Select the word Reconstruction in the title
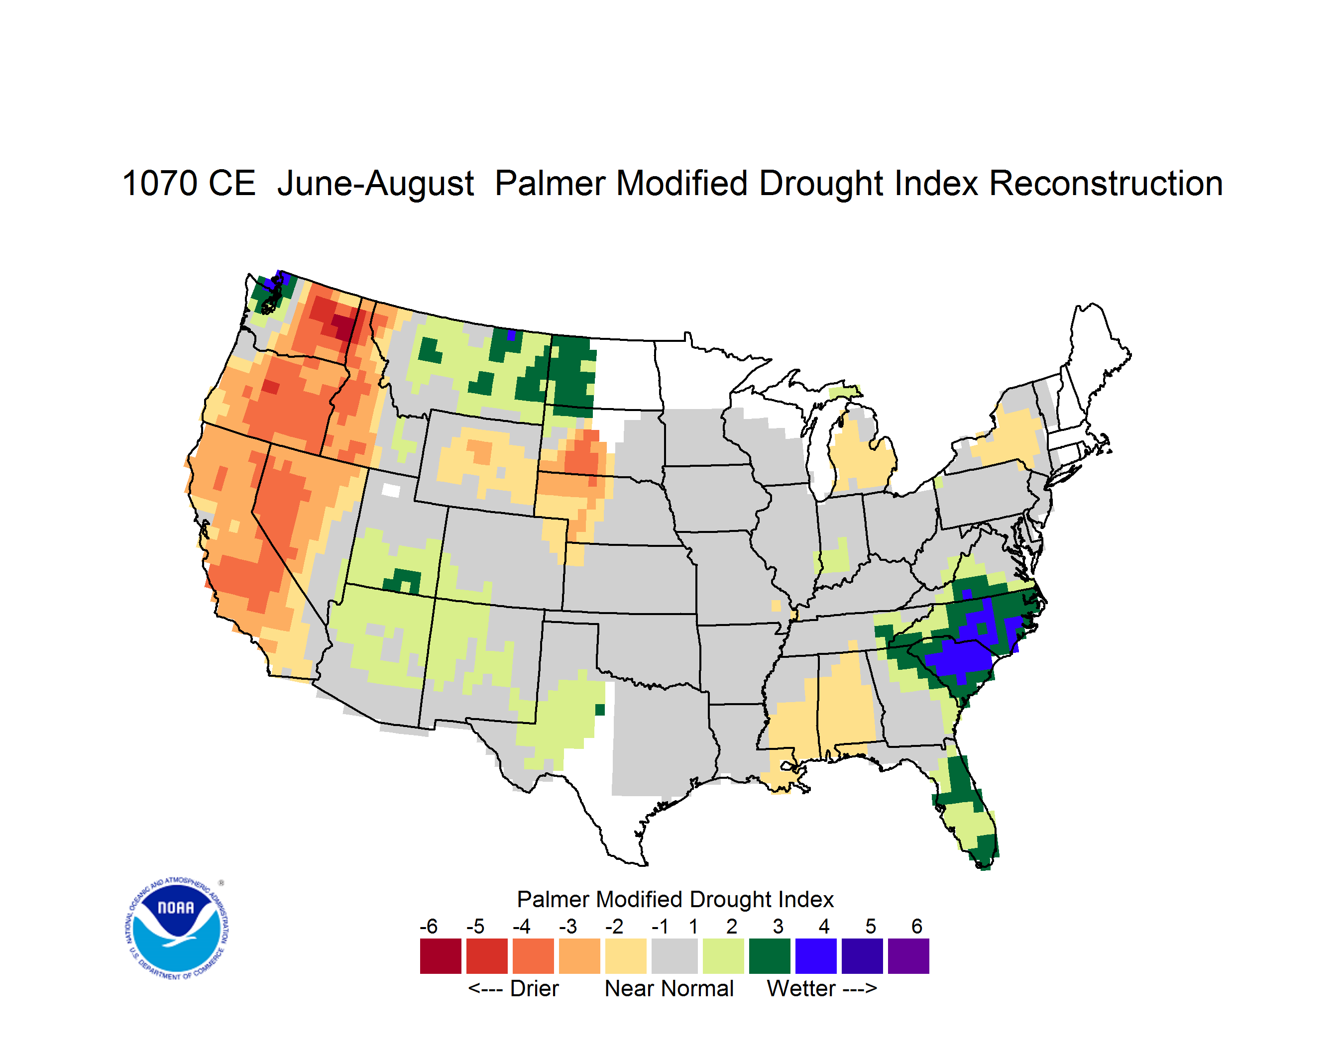1105,183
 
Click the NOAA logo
177,929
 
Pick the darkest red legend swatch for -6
441,956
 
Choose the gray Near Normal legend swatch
674,956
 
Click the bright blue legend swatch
816,956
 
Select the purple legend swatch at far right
908,956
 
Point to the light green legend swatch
723,956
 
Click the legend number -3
567,926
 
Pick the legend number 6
917,926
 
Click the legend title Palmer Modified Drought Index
675,899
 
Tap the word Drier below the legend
534,988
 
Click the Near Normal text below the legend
669,988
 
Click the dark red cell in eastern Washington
343,324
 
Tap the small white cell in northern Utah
391,490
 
